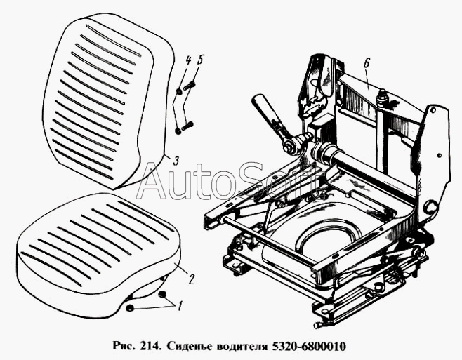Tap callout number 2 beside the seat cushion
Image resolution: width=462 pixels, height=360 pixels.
(x=191, y=279)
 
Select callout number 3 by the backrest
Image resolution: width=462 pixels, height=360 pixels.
(x=176, y=161)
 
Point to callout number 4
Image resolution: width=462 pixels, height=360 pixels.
(x=187, y=61)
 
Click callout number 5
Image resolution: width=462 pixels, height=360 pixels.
(x=199, y=60)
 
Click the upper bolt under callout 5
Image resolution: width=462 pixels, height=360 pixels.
(x=190, y=86)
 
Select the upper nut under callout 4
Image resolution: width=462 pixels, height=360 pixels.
(x=180, y=92)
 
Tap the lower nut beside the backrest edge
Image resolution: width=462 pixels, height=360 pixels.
(x=178, y=131)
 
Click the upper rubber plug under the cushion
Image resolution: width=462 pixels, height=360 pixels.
(x=162, y=294)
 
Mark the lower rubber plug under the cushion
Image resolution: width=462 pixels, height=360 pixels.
(x=130, y=308)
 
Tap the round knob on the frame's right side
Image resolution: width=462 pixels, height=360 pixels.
(x=430, y=207)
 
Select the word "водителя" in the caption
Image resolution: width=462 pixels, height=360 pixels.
(x=241, y=346)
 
